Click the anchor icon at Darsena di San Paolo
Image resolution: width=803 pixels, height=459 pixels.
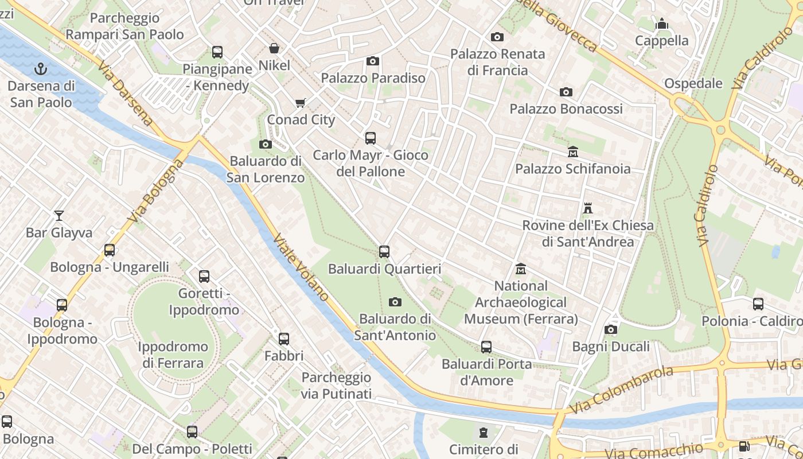pyautogui.click(x=41, y=69)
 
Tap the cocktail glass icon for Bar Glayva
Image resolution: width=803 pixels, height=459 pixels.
pyautogui.click(x=59, y=216)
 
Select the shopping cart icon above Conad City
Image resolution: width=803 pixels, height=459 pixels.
pyautogui.click(x=300, y=103)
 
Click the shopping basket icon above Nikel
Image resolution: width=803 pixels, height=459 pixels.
pyautogui.click(x=274, y=48)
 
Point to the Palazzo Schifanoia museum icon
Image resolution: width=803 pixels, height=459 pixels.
pyautogui.click(x=572, y=152)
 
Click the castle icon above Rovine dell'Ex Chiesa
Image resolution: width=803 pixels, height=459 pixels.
pyautogui.click(x=587, y=208)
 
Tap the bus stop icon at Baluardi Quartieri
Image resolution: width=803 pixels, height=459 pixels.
pyautogui.click(x=384, y=252)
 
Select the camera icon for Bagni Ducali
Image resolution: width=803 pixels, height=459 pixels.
pyautogui.click(x=611, y=330)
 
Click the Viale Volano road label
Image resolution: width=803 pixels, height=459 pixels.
pyautogui.click(x=301, y=267)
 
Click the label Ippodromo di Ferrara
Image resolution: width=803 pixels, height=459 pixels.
pyautogui.click(x=173, y=355)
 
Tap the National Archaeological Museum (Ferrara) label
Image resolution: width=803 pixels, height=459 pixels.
pyautogui.click(x=521, y=302)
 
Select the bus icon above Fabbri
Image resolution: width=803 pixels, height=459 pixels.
pyautogui.click(x=284, y=339)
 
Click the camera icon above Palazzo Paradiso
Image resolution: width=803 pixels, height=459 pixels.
pyautogui.click(x=373, y=61)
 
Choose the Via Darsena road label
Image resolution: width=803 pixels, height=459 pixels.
pyautogui.click(x=124, y=95)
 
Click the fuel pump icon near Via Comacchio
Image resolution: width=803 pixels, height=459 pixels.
pyautogui.click(x=744, y=446)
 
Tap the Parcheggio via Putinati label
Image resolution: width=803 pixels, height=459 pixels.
pyautogui.click(x=336, y=386)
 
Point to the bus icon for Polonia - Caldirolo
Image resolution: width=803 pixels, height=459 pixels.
pyautogui.click(x=758, y=304)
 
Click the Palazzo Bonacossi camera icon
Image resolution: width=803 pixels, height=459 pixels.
pyautogui.click(x=566, y=92)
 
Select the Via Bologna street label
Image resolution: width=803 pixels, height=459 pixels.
pyautogui.click(x=156, y=191)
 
